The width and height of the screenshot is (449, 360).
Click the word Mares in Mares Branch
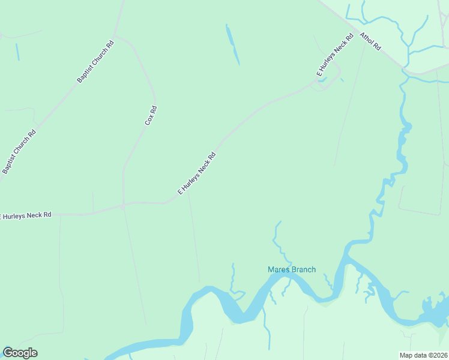[x=279, y=270]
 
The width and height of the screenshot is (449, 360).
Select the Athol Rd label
[x=370, y=41]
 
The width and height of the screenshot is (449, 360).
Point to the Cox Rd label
[x=151, y=115]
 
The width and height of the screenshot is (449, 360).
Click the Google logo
[x=20, y=353]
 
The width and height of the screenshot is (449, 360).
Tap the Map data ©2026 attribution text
[x=423, y=355]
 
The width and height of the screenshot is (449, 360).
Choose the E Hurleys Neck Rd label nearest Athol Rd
[x=332, y=59]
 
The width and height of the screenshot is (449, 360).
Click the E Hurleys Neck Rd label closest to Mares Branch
[x=196, y=174]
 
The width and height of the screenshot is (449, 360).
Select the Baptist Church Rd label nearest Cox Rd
[x=95, y=62]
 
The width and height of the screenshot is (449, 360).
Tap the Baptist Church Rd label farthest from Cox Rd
[x=19, y=152]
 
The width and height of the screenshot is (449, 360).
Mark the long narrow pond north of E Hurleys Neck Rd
[x=232, y=44]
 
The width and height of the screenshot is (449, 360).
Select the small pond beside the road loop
[x=322, y=79]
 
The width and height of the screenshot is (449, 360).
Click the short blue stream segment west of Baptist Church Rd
[x=17, y=52]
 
